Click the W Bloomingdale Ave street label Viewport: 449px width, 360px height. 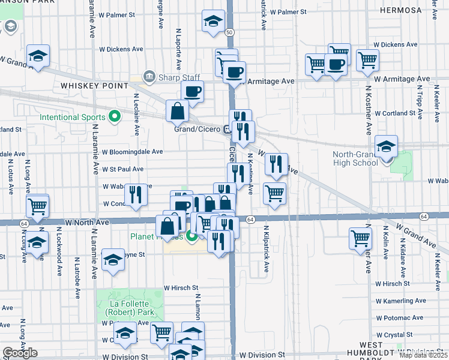tap(133, 152)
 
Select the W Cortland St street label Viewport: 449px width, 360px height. tap(395, 113)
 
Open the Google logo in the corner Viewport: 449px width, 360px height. tap(19, 353)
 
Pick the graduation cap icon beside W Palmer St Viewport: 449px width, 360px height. tap(212, 22)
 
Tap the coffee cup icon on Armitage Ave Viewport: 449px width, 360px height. tap(234, 72)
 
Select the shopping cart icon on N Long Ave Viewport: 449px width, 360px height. tap(38, 206)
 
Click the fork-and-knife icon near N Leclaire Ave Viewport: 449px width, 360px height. tap(135, 194)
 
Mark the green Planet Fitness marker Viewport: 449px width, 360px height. tap(192, 236)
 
